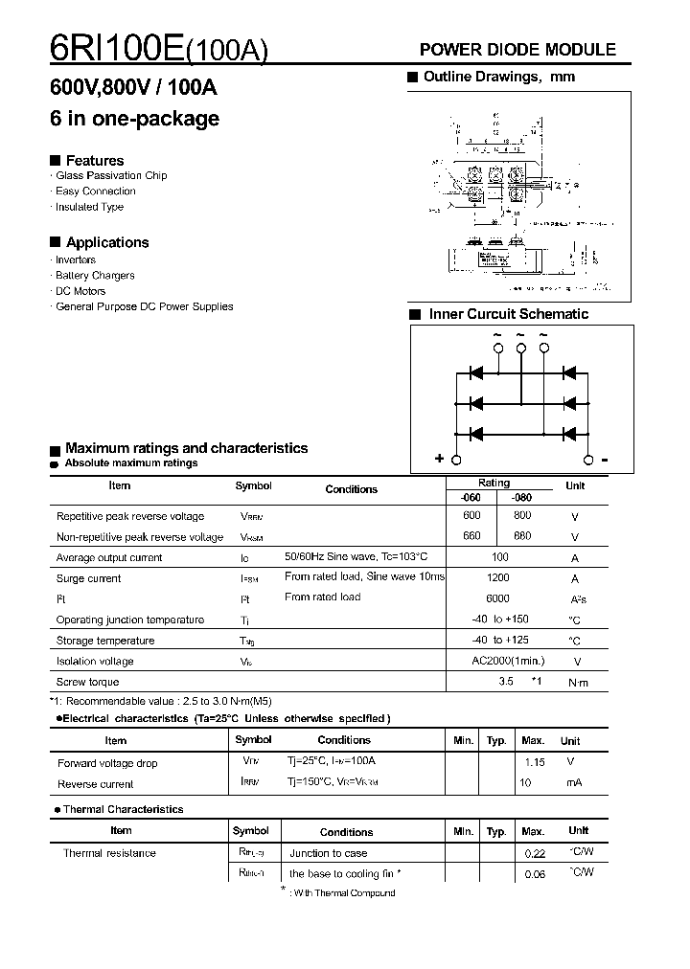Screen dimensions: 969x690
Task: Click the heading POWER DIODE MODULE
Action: [x=517, y=50]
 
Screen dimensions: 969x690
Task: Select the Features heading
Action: [x=94, y=160]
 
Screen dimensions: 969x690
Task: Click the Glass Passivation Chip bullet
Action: [x=111, y=176]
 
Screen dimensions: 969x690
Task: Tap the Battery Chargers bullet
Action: [x=95, y=276]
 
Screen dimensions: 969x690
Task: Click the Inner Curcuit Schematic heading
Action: [x=508, y=314]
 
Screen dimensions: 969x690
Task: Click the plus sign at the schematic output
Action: [x=440, y=459]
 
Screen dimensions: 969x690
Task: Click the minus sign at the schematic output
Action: [x=605, y=459]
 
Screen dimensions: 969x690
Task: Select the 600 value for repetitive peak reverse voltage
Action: [x=471, y=515]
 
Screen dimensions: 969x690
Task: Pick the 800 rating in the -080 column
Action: [x=522, y=515]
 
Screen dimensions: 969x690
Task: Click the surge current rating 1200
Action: [x=498, y=578]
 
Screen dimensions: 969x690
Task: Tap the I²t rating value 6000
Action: [x=498, y=597]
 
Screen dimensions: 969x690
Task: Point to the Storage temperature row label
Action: [x=105, y=641]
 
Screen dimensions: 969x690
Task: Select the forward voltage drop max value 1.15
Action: [x=535, y=762]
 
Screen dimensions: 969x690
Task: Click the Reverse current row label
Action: [x=96, y=784]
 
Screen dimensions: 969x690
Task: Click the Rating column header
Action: [x=494, y=484]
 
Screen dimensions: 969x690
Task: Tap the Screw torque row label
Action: [x=88, y=682]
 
